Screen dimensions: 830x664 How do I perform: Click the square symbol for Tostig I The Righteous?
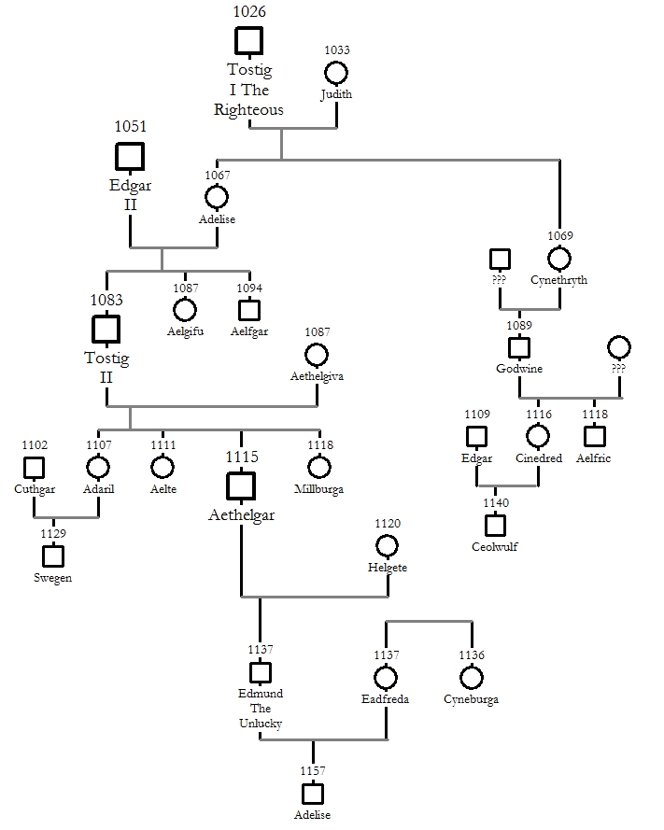point(248,41)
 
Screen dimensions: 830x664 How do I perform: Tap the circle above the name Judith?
point(335,72)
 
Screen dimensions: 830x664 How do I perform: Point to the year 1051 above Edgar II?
point(131,126)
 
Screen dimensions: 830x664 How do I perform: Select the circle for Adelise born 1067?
point(217,197)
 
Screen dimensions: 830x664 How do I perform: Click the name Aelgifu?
point(185,332)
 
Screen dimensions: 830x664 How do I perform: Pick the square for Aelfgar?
point(249,310)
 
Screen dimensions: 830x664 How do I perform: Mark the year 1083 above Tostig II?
point(106,300)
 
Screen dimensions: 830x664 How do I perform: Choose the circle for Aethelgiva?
point(317,355)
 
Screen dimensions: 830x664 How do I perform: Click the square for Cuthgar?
point(35,467)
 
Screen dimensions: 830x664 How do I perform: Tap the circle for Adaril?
point(98,467)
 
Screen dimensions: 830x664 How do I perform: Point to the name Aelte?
point(162,488)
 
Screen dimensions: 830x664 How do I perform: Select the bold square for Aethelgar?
point(241,485)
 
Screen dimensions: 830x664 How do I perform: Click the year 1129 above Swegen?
point(53,532)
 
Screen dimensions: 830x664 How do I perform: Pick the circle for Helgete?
point(388,545)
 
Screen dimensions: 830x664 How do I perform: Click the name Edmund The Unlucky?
point(261,709)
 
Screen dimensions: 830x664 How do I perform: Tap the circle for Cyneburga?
point(472,677)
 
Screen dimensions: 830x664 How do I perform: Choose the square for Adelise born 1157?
point(313,793)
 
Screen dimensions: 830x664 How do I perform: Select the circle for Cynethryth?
point(559,258)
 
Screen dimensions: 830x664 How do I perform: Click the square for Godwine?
point(519,347)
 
